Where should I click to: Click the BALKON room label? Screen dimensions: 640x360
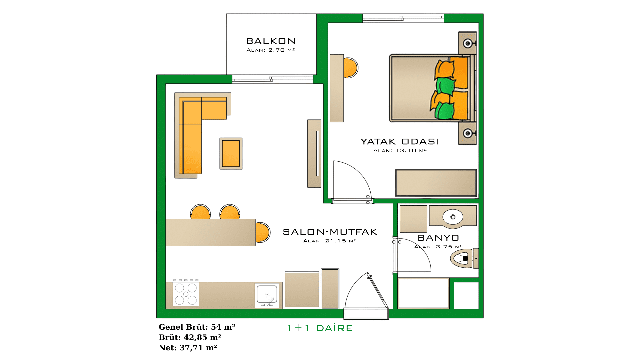[x=271, y=41]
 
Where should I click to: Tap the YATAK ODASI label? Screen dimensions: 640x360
[x=400, y=142]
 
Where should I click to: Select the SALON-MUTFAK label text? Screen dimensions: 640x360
[x=330, y=232]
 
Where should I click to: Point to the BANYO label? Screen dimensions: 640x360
[x=438, y=238]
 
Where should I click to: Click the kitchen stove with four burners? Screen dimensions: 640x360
[x=186, y=294]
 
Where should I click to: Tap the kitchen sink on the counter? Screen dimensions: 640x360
[x=267, y=295]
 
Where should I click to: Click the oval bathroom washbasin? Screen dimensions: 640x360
[x=453, y=217]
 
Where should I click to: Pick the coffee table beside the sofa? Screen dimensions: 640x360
[x=231, y=153]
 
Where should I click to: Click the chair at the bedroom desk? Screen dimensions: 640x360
[x=351, y=68]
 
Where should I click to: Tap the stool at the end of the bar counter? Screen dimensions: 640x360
[x=263, y=232]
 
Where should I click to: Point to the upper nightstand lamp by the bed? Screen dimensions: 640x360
[x=468, y=43]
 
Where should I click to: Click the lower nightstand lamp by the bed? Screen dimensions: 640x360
[x=468, y=133]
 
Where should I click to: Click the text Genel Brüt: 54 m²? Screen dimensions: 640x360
[x=197, y=327]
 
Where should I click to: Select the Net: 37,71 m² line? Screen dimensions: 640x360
[x=188, y=348]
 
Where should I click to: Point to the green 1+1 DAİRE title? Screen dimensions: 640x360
[x=320, y=328]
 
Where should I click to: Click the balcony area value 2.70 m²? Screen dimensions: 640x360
[x=282, y=50]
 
